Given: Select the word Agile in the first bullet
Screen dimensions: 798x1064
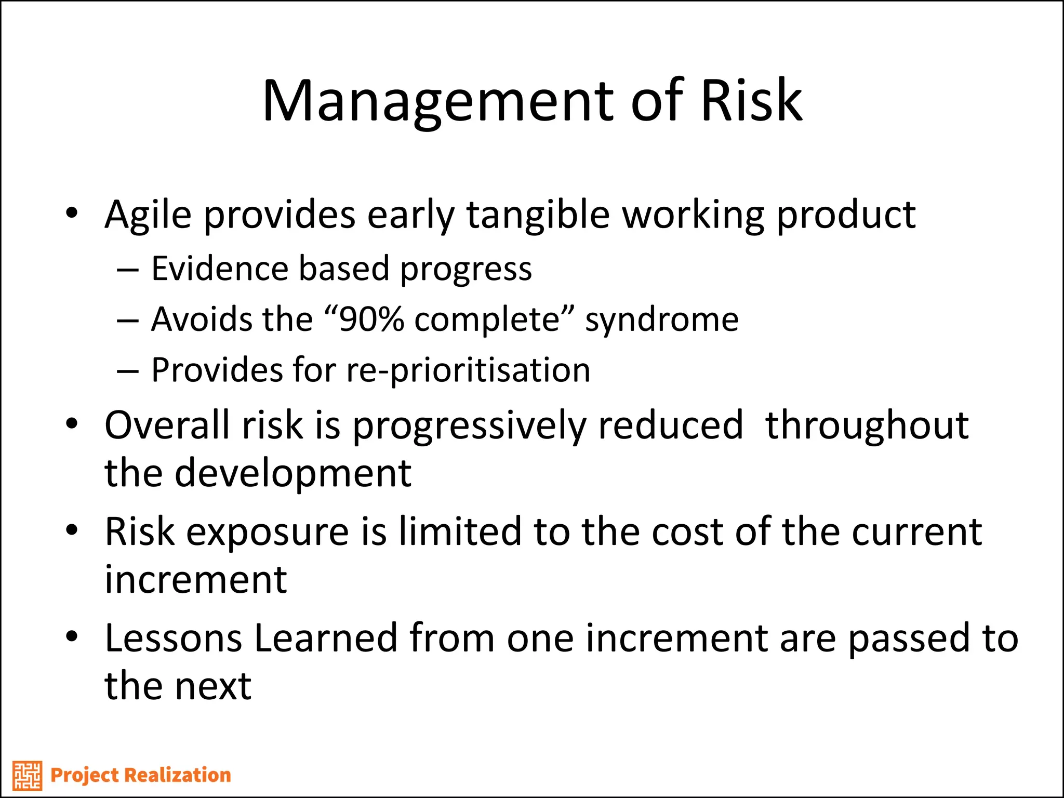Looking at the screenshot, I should pyautogui.click(x=148, y=216).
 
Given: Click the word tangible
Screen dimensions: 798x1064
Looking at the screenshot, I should pyautogui.click(x=538, y=216).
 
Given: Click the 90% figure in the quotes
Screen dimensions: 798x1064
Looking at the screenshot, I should pyautogui.click(x=371, y=319).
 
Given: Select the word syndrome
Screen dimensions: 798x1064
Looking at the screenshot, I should pyautogui.click(x=662, y=320).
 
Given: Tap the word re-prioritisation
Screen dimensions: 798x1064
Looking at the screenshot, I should pyautogui.click(x=468, y=370).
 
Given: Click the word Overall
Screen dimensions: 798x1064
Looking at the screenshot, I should pyautogui.click(x=167, y=425).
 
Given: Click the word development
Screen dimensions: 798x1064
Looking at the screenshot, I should pyautogui.click(x=293, y=474).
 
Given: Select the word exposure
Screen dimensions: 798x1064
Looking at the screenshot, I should pyautogui.click(x=268, y=533).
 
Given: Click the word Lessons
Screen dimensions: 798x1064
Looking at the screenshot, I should pyautogui.click(x=173, y=639).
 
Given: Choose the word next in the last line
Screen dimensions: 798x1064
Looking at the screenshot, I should pyautogui.click(x=213, y=686).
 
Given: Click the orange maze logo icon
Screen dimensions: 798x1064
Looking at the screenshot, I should pyautogui.click(x=27, y=775).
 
